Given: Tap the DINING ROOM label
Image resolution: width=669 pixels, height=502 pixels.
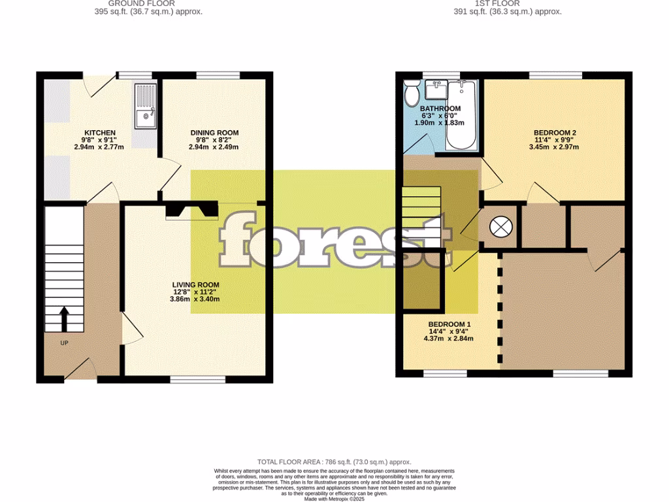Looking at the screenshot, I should (214, 133).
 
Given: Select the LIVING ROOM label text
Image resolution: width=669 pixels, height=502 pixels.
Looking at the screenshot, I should (195, 285).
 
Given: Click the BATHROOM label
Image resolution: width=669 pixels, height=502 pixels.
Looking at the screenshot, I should (440, 109).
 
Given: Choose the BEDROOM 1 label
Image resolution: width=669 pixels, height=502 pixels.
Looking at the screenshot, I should (449, 325).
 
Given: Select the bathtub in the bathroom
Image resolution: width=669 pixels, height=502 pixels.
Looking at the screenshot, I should (462, 114).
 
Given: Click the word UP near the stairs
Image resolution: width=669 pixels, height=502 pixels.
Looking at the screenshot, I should (64, 343).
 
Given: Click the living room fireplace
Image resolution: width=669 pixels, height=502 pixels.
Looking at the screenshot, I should (191, 210).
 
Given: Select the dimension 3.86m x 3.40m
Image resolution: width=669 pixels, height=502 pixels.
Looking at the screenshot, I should (195, 299).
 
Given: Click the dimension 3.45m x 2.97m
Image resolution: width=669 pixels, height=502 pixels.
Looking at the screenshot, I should (554, 147).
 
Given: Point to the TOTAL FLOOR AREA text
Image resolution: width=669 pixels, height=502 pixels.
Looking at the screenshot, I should (334, 462).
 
